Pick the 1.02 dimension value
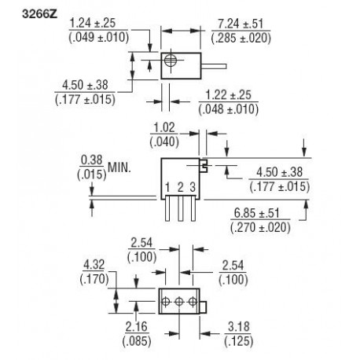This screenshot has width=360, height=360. click(x=163, y=127)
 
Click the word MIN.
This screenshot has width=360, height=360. click(x=121, y=167)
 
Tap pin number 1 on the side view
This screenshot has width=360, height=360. click(x=167, y=187)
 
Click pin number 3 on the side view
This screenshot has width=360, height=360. click(x=192, y=187)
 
